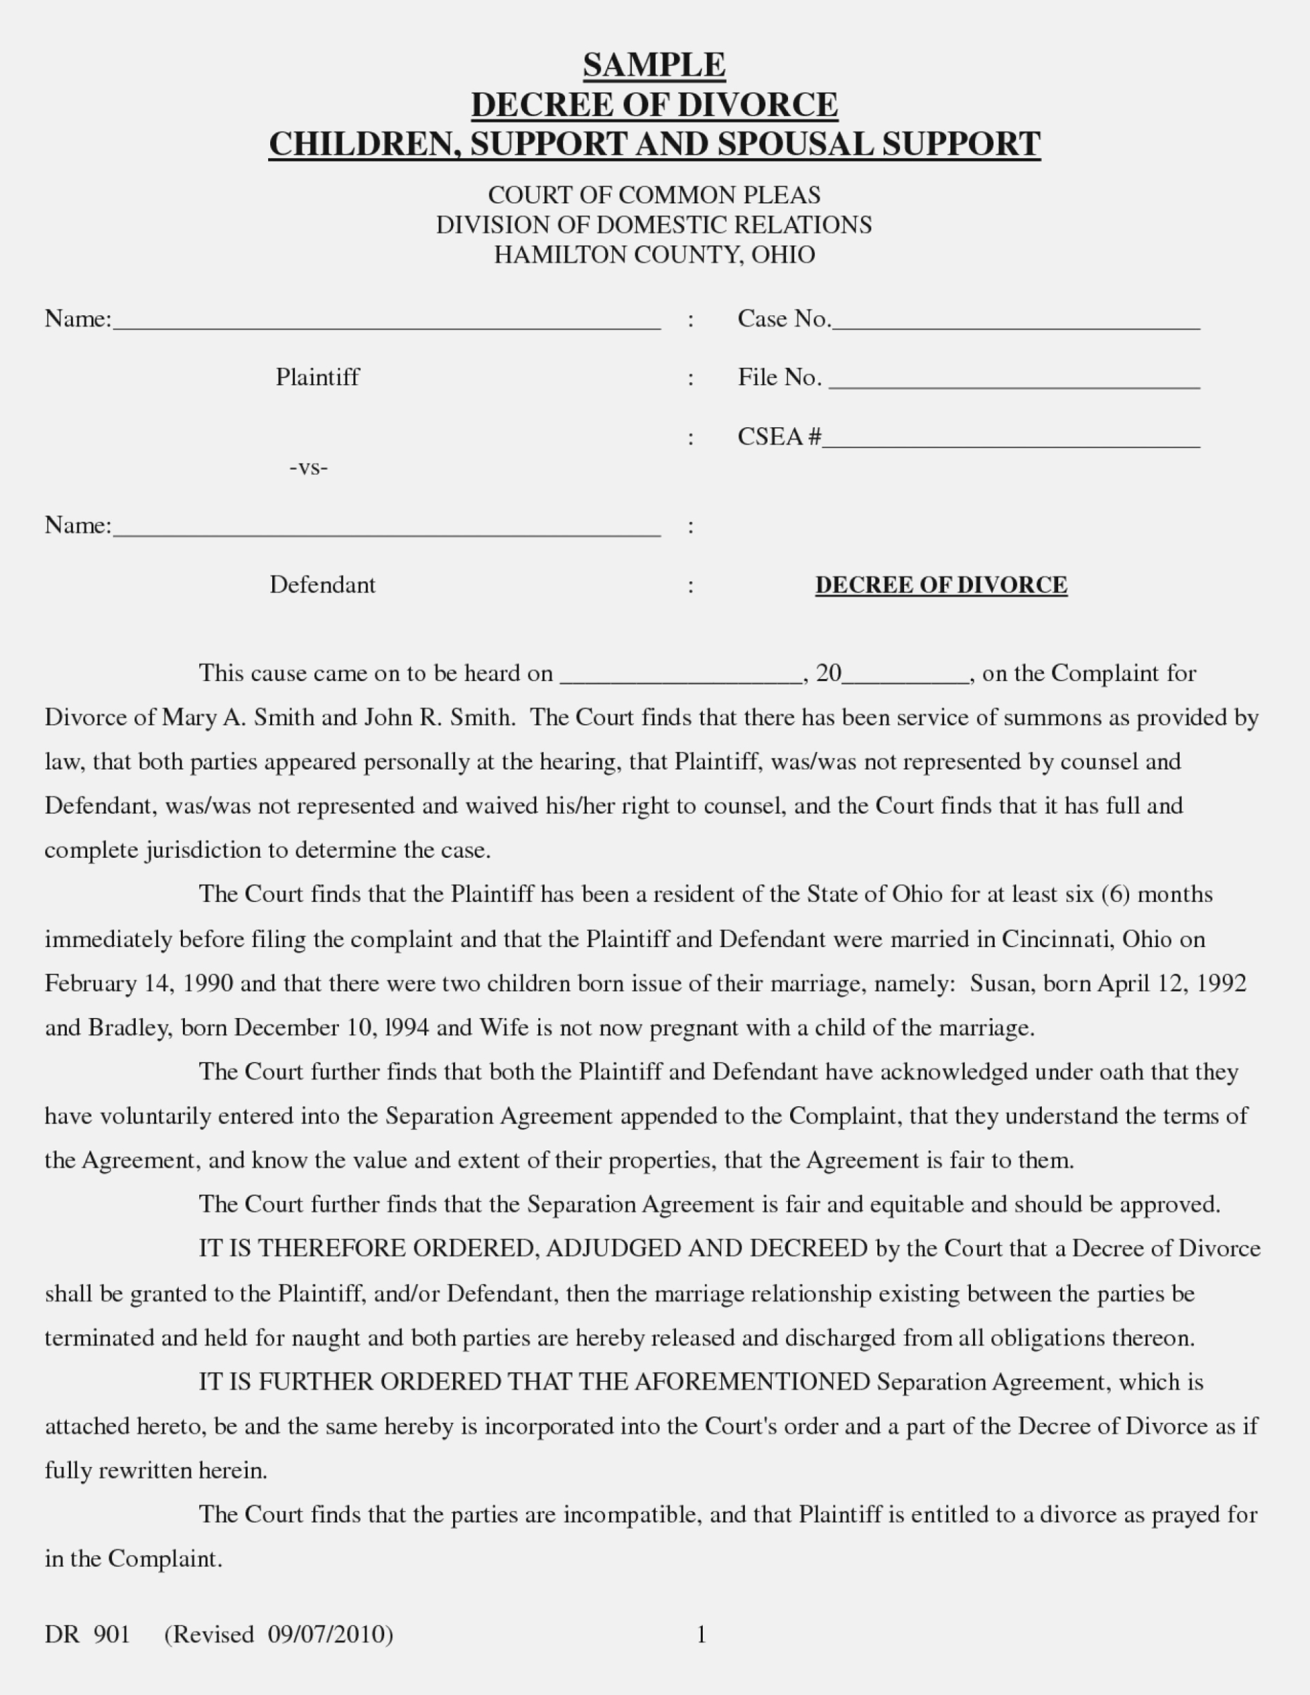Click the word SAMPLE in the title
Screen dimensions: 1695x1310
(654, 65)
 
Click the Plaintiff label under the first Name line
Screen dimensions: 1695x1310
(317, 377)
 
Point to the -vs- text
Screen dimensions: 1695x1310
(309, 467)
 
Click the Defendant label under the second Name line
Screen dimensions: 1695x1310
(322, 585)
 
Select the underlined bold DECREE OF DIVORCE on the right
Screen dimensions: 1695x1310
(941, 585)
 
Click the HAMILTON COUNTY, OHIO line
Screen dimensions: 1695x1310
(654, 255)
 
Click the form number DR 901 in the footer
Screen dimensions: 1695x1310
(87, 1634)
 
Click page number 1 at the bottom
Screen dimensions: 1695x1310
(701, 1635)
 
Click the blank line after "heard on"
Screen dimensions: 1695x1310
(680, 677)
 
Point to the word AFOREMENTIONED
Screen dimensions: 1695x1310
(752, 1382)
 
